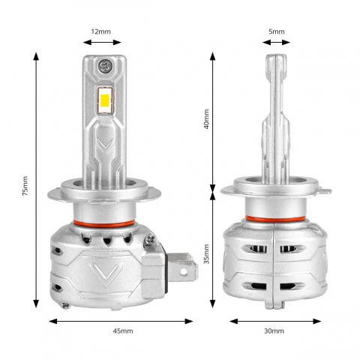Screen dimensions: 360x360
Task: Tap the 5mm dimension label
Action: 276,31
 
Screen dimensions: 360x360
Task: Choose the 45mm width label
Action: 123,331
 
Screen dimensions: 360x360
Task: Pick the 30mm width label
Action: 274,331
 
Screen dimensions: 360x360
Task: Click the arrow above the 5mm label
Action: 276,43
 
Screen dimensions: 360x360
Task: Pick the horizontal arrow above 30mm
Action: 274,320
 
